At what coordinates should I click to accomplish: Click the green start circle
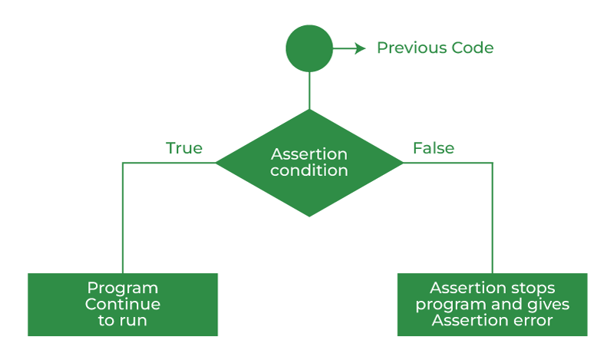309,48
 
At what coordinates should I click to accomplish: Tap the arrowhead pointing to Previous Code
360,48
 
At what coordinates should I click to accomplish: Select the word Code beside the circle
472,48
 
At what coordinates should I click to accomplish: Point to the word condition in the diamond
309,170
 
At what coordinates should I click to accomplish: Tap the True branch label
184,148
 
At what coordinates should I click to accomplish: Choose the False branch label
434,148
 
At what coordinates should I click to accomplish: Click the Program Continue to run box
123,305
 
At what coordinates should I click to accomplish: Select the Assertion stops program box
492,305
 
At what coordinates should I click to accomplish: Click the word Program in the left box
123,289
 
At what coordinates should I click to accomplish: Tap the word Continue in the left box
123,305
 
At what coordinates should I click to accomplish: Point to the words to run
123,321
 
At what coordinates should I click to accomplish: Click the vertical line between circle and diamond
309,91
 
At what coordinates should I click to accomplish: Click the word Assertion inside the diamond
309,154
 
